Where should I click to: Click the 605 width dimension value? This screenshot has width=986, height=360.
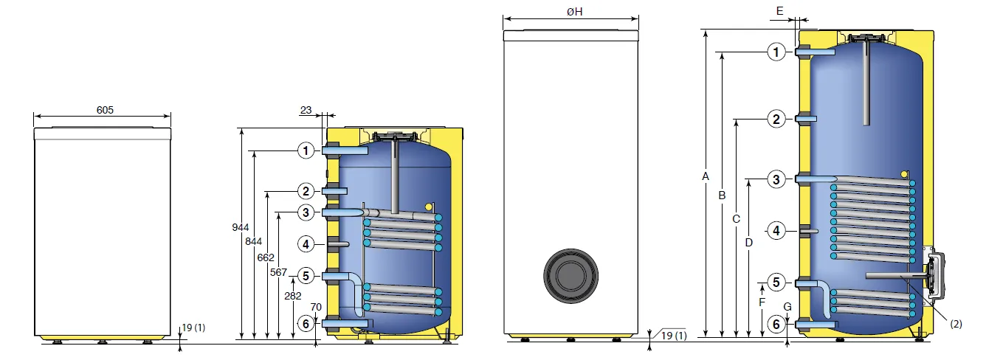click(x=105, y=110)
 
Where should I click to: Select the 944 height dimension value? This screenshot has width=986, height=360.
click(x=241, y=227)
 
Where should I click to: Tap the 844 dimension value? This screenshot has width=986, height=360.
click(x=254, y=242)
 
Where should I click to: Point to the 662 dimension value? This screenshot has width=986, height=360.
click(x=266, y=257)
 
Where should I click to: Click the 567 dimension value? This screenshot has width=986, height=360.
click(x=278, y=272)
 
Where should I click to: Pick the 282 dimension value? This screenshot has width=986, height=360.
click(x=293, y=296)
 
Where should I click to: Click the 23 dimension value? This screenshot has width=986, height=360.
click(x=306, y=110)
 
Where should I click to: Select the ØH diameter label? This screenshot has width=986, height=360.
click(x=575, y=12)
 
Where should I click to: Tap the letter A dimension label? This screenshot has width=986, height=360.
click(x=706, y=176)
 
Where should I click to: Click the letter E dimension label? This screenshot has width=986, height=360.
click(x=779, y=11)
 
